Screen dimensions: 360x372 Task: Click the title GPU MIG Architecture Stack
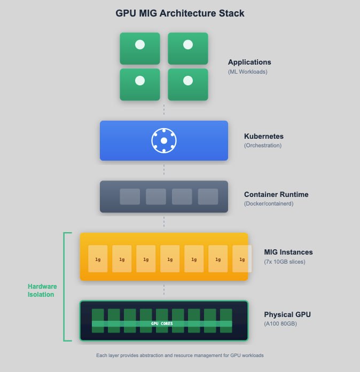[x=180, y=13]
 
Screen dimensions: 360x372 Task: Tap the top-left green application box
[x=140, y=49]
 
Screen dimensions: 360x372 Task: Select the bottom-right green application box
[x=188, y=84]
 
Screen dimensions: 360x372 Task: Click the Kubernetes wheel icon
[x=164, y=141]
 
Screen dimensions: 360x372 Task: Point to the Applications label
[x=249, y=62]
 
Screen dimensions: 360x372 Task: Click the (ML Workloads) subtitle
[x=248, y=72]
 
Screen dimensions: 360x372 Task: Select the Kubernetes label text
[x=264, y=136]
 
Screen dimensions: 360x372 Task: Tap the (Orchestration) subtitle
[x=263, y=145]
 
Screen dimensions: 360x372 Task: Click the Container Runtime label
[x=276, y=194]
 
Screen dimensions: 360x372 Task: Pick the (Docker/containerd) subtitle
[x=269, y=203]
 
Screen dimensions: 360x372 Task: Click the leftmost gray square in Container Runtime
[x=130, y=196]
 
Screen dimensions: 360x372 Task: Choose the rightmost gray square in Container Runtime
[x=208, y=196]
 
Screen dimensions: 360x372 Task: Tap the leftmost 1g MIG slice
[x=98, y=259]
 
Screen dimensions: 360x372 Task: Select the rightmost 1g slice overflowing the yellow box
[x=242, y=259]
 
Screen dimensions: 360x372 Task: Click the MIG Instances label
[x=288, y=252]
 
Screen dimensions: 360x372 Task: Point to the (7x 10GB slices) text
[x=285, y=262]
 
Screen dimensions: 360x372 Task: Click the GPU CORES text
[x=162, y=323]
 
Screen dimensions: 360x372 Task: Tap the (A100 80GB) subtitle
[x=280, y=323]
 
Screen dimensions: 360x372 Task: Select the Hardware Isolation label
[x=42, y=290]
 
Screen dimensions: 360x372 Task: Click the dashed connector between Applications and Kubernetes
[x=164, y=109]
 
